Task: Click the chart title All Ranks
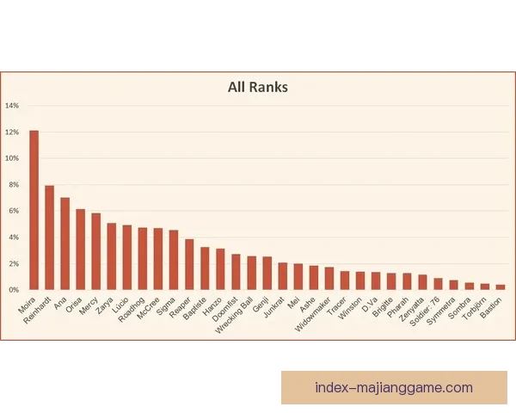pyautogui.click(x=258, y=87)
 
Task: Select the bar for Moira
pyautogui.click(x=34, y=210)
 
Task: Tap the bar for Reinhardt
pyautogui.click(x=50, y=237)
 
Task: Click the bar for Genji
pyautogui.click(x=267, y=273)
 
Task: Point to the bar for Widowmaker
pyautogui.click(x=329, y=279)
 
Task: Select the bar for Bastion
pyautogui.click(x=500, y=287)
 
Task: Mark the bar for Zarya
pyautogui.click(x=112, y=256)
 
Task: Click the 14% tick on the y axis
pyautogui.click(x=12, y=106)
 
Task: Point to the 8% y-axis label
pyautogui.click(x=12, y=185)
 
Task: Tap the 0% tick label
pyautogui.click(x=12, y=290)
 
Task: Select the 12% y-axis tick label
pyautogui.click(x=12, y=133)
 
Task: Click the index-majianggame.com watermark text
pyautogui.click(x=394, y=387)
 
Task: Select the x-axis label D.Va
pyautogui.click(x=370, y=304)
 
